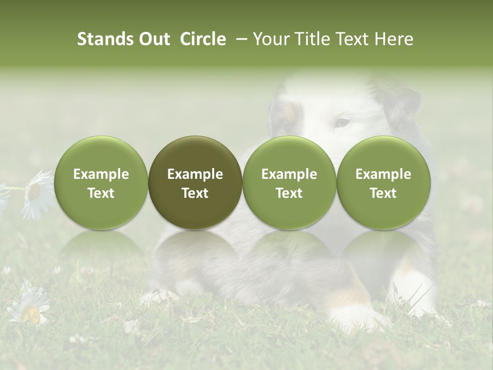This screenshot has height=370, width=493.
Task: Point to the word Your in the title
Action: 271,40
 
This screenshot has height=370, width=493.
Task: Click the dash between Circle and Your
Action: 240,40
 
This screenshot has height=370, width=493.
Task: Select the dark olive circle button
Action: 195,182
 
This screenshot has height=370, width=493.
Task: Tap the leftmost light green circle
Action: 101,182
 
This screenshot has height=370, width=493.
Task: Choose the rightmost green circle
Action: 383,182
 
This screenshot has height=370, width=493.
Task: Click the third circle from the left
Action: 289,182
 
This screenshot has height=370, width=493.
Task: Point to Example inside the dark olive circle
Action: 195,174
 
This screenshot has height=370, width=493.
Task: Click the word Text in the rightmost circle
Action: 383,193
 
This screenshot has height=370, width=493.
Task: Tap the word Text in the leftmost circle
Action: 101,193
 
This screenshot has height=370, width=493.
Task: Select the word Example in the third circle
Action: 289,174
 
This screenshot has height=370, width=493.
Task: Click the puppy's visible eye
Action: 342,123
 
